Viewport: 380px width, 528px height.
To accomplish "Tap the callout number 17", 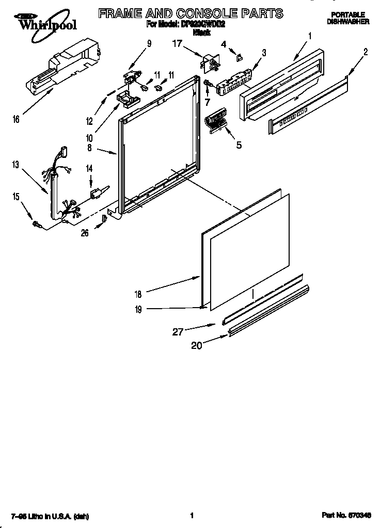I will (x=178, y=44).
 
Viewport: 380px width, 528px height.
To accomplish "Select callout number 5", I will (x=239, y=145).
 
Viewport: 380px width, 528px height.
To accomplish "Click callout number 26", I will (x=85, y=233).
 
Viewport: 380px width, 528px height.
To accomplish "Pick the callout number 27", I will (x=178, y=332).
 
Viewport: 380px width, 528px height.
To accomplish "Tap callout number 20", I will (x=196, y=346).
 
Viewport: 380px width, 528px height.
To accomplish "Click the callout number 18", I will (x=138, y=294).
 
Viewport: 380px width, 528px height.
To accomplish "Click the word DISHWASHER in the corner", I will (x=347, y=22).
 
